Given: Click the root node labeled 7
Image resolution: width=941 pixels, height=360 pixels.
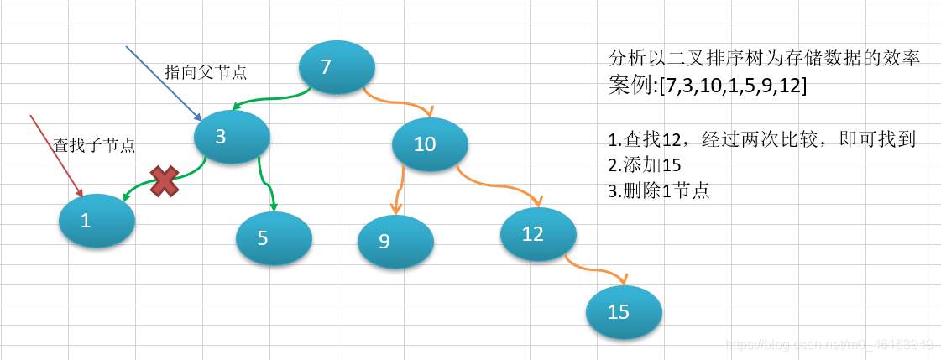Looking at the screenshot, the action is tap(337, 66).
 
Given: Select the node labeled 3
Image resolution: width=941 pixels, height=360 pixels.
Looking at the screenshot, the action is tap(232, 137).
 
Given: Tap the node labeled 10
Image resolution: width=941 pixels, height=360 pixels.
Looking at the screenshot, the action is tap(430, 144).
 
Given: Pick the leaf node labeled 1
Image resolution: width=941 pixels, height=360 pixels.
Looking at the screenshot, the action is tap(97, 221).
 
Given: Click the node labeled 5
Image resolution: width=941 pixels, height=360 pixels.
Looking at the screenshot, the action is tap(274, 238).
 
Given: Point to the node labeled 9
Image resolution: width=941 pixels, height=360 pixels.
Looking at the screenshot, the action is tap(395, 242).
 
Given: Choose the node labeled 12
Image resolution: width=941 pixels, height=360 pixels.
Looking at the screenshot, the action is tap(538, 234).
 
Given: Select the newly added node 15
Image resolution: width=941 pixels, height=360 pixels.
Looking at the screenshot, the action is tap(624, 312).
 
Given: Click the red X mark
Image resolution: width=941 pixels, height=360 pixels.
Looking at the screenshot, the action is tap(164, 180).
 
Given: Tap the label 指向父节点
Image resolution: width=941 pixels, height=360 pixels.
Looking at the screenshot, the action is tap(206, 72).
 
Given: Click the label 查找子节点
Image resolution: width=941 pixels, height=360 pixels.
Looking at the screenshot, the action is tap(94, 145).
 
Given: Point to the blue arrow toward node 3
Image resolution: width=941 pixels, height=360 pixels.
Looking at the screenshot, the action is tap(164, 82).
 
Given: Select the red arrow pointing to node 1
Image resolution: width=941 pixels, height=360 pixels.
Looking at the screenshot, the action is tap(56, 155).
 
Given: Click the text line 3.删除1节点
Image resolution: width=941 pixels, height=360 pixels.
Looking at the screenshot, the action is tap(659, 190).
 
